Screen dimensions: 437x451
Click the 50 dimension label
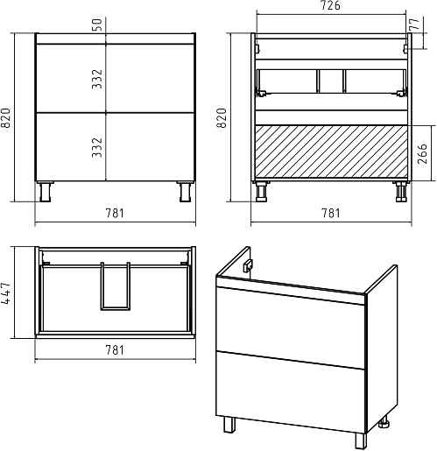click(x=98, y=25)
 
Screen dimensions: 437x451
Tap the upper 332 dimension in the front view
click(x=97, y=79)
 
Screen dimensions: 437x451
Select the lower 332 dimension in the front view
click(x=97, y=148)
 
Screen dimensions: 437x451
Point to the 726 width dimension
click(x=331, y=5)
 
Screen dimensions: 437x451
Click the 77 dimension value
click(x=414, y=24)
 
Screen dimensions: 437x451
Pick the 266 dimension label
click(x=422, y=153)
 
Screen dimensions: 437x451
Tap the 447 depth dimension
click(x=6, y=292)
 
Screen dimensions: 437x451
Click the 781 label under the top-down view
click(x=115, y=350)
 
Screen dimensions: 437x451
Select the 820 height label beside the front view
click(x=6, y=118)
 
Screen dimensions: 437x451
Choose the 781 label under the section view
click(x=331, y=213)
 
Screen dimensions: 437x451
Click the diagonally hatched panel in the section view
click(x=331, y=152)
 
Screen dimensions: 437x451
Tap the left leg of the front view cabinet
click(x=46, y=192)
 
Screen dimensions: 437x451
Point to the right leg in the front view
click(x=185, y=192)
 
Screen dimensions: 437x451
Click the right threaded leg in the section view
click(x=401, y=192)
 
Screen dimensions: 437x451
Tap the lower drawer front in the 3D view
click(x=290, y=392)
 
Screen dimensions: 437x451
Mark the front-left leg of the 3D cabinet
click(x=229, y=425)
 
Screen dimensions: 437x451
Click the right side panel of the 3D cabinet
click(x=382, y=349)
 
